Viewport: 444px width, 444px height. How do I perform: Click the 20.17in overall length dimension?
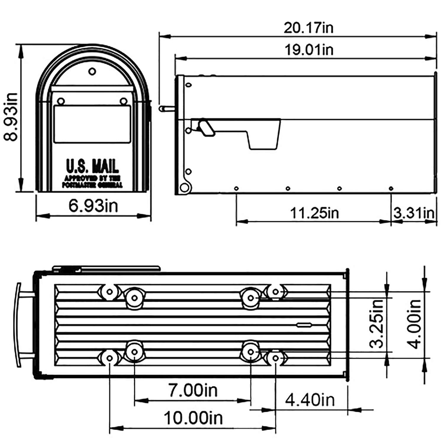pyautogui.click(x=308, y=28)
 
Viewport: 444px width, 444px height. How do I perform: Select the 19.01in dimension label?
pyautogui.click(x=309, y=49)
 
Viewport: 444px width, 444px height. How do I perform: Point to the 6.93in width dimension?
pyautogui.click(x=93, y=205)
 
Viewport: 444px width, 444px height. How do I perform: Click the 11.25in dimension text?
pyautogui.click(x=314, y=213)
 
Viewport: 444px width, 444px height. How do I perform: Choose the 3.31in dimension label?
pyautogui.click(x=414, y=213)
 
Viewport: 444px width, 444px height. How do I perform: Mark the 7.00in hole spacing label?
pyautogui.click(x=193, y=390)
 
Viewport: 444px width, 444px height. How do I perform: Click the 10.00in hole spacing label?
pyautogui.click(x=193, y=418)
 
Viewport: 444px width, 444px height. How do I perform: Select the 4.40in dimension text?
pyautogui.click(x=310, y=400)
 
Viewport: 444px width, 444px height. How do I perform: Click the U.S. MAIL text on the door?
pyautogui.click(x=92, y=166)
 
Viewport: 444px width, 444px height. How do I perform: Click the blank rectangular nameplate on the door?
pyautogui.click(x=92, y=124)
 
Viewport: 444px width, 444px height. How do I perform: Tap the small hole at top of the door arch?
pyautogui.click(x=92, y=71)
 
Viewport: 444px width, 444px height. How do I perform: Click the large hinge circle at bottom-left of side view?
pyautogui.click(x=184, y=187)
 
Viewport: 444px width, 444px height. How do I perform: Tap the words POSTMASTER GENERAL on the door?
pyautogui.click(x=92, y=185)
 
